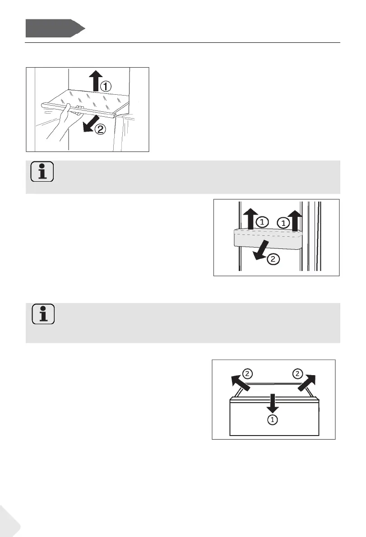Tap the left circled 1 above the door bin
point(262,222)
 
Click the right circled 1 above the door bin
point(283,222)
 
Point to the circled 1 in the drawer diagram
point(272,420)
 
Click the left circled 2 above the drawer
point(247,373)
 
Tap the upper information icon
point(42,172)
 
